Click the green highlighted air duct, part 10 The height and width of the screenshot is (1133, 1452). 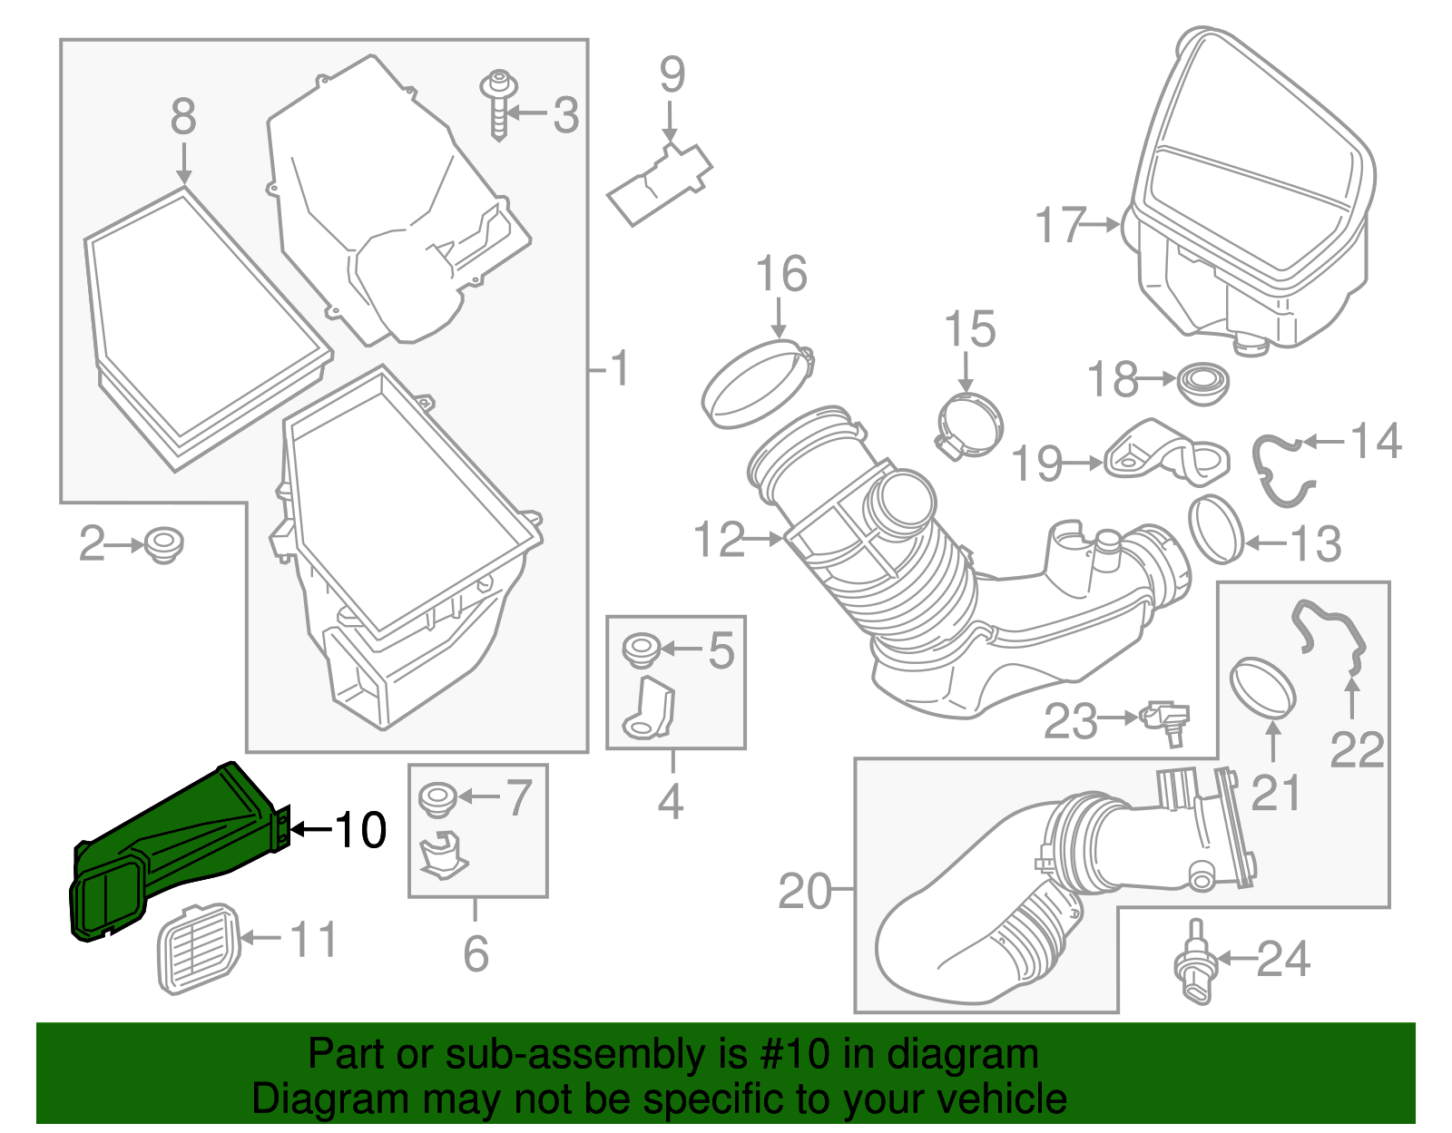point(172,844)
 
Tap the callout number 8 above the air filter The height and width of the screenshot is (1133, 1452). point(183,118)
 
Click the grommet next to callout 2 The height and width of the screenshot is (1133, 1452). point(163,543)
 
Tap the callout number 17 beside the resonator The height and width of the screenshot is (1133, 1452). point(1060,225)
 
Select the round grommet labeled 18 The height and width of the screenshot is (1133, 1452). point(1202,384)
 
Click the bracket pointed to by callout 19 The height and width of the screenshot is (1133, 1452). point(1166,454)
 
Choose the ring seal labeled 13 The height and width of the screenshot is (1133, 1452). point(1215,529)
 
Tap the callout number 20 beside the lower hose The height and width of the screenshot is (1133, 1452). point(805,892)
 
